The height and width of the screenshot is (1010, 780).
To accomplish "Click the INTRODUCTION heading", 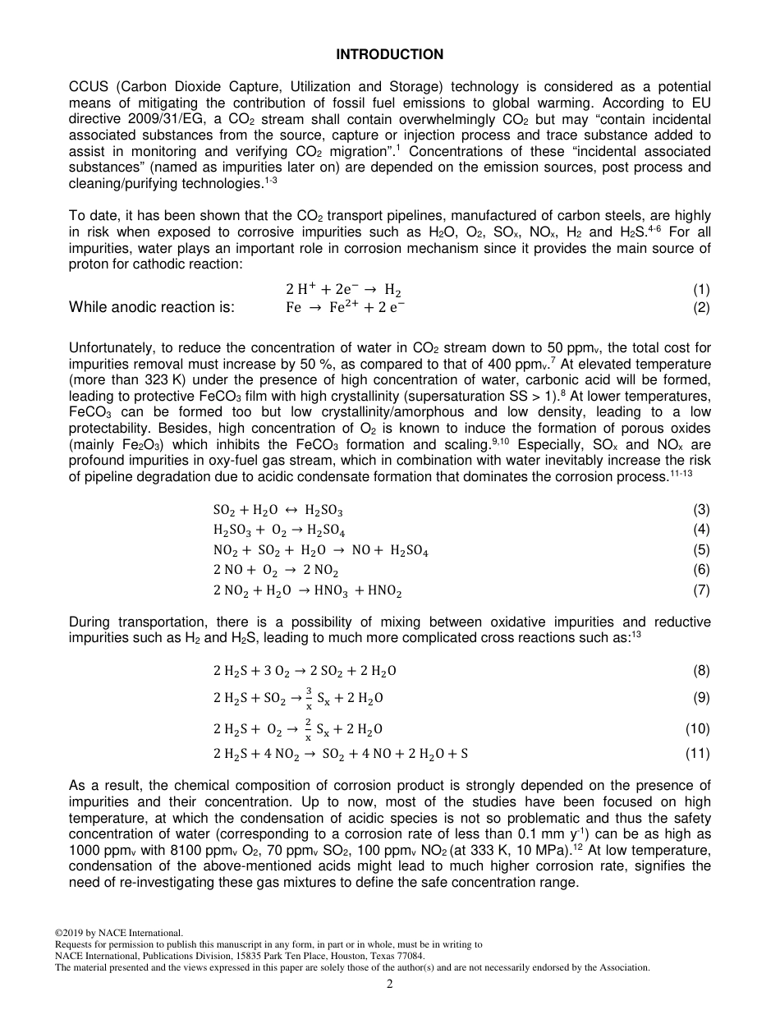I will [x=390, y=54].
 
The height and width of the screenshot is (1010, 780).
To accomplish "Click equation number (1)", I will [x=701, y=289].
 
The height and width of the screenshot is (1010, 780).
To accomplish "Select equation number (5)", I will [x=701, y=550].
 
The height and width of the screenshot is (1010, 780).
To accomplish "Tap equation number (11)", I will [x=698, y=753].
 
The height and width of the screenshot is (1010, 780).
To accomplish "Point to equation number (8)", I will [x=701, y=670].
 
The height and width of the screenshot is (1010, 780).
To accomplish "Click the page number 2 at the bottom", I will [x=390, y=985].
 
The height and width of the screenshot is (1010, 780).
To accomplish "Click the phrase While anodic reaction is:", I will [x=152, y=307].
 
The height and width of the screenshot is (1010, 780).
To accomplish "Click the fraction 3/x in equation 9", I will [x=309, y=698].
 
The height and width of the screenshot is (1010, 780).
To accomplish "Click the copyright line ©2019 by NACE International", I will [x=118, y=933].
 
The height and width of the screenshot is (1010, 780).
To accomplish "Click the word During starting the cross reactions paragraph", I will [x=91, y=622].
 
